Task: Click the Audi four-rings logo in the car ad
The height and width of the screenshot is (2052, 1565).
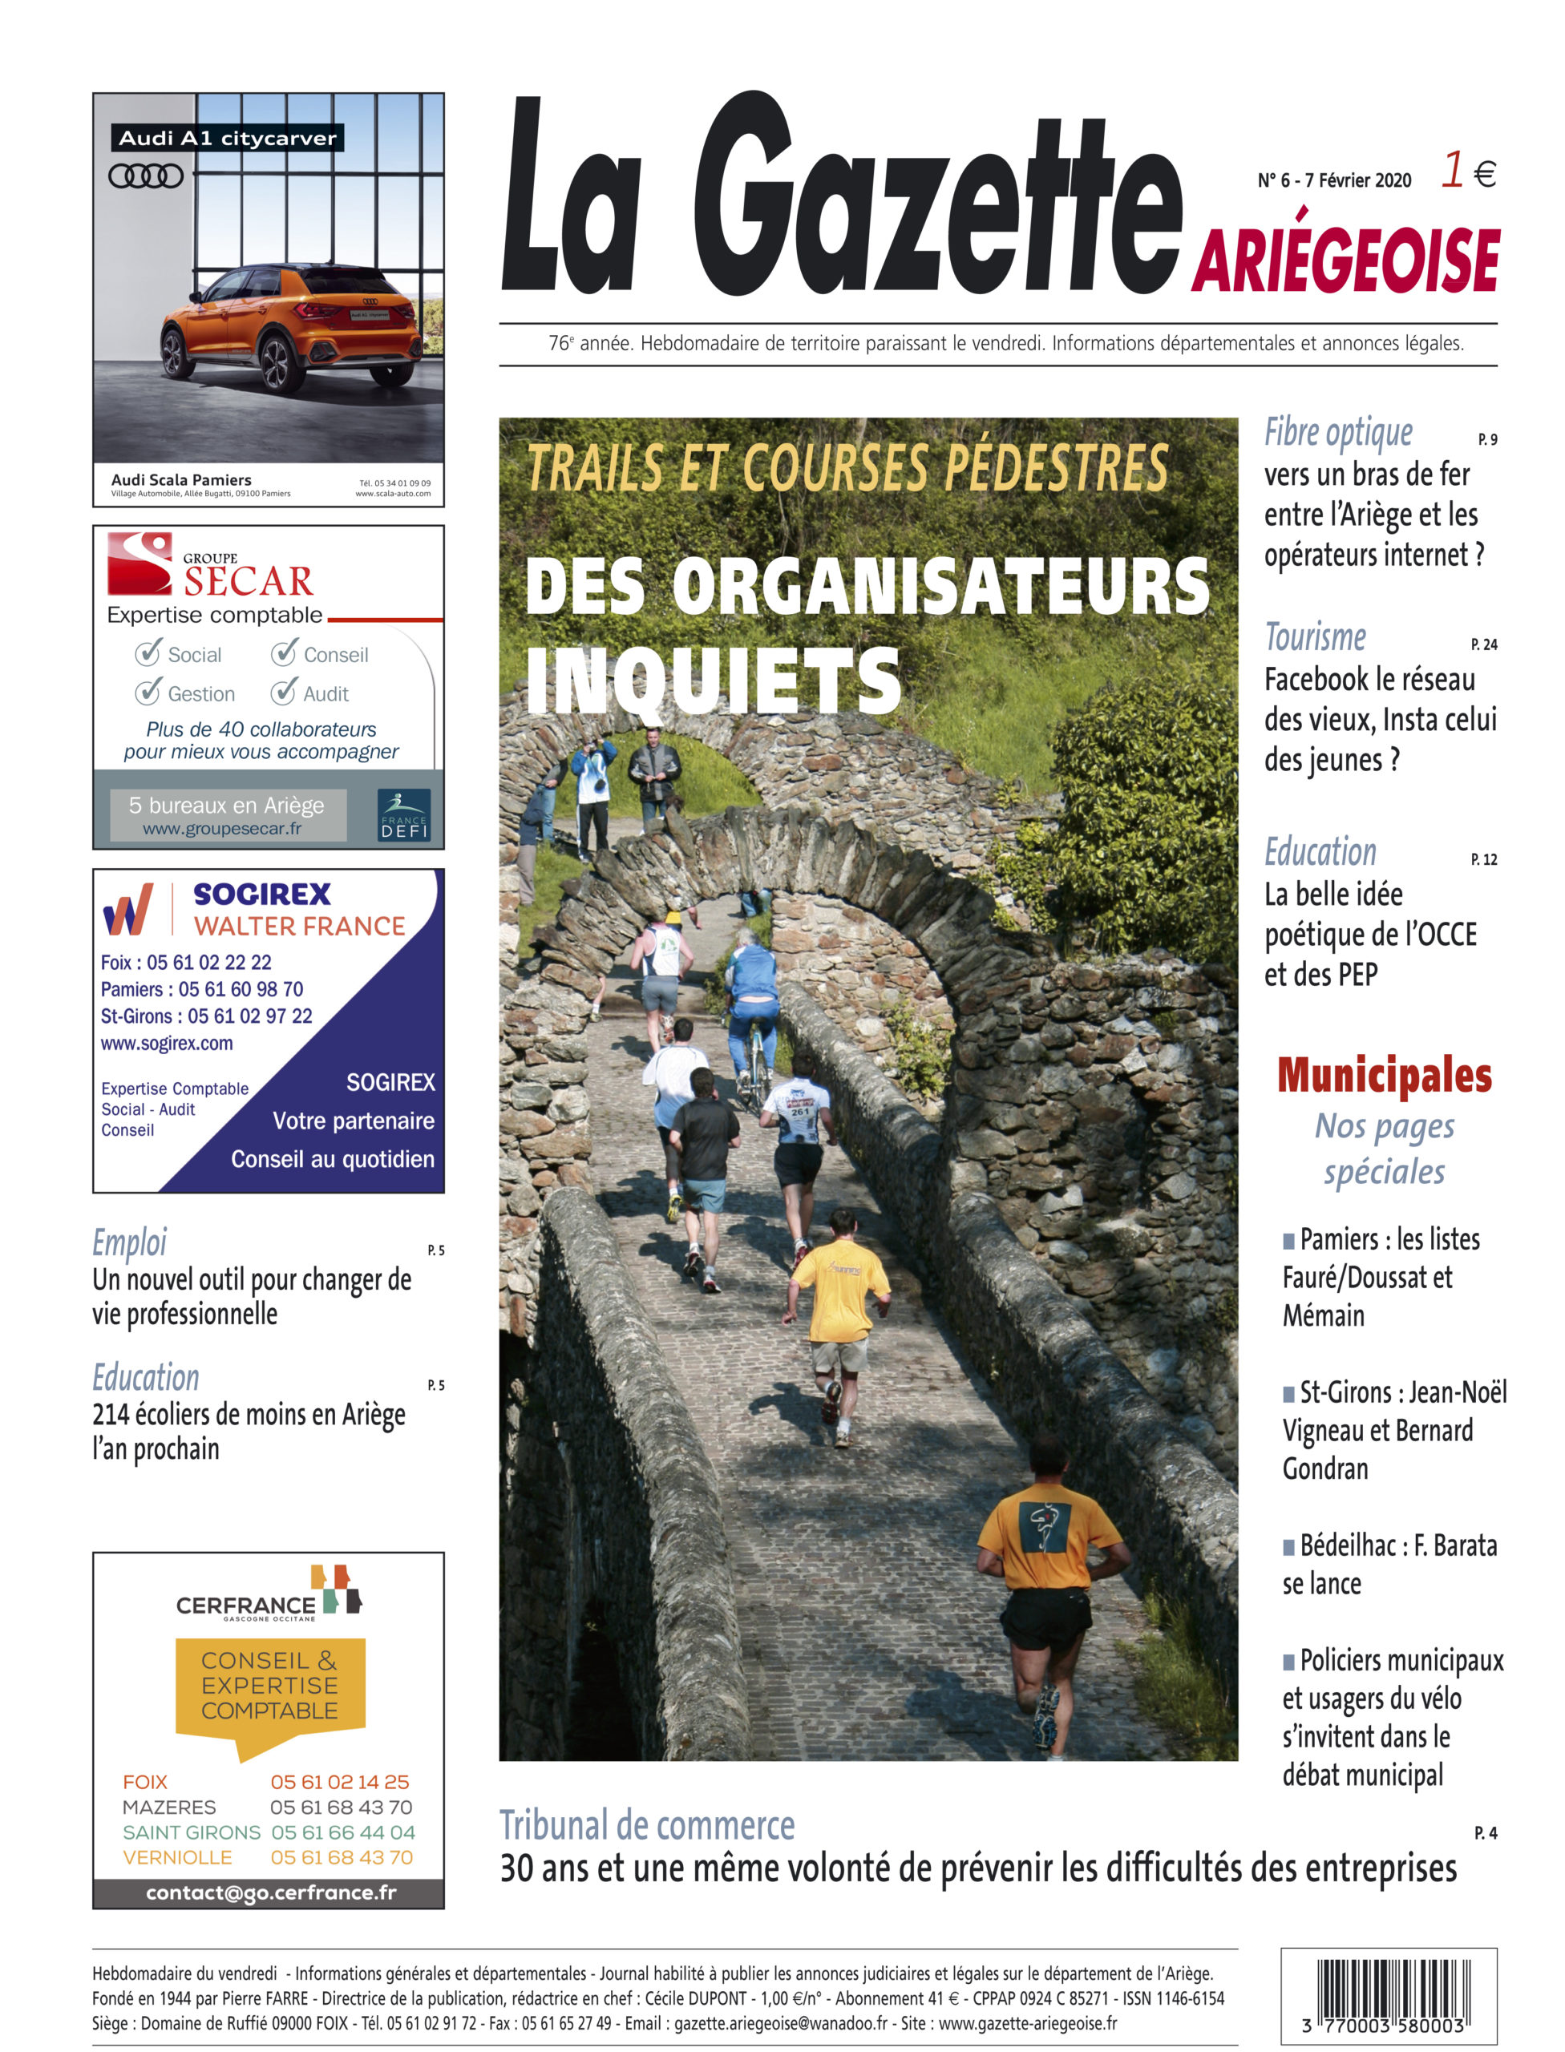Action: pyautogui.click(x=145, y=175)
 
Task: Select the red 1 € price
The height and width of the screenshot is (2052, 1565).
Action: pyautogui.click(x=1468, y=172)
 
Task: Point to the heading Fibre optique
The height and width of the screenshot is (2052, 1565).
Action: pyautogui.click(x=1337, y=433)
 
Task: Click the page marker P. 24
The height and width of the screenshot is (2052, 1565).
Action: pyautogui.click(x=1483, y=644)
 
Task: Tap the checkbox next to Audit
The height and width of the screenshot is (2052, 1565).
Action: pyautogui.click(x=283, y=691)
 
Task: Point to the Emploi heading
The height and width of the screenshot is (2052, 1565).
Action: pyautogui.click(x=130, y=1242)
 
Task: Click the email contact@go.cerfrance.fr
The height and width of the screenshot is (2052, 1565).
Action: pyautogui.click(x=270, y=1892)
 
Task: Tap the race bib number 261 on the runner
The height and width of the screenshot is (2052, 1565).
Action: pyautogui.click(x=800, y=1111)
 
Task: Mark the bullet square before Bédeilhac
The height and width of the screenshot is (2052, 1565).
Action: pyautogui.click(x=1288, y=1547)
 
